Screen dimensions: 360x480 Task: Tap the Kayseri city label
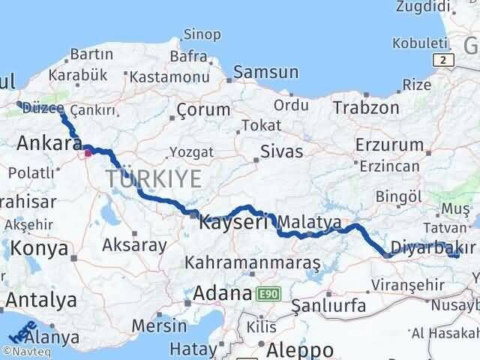(232, 222)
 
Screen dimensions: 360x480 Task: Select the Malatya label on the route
(310, 223)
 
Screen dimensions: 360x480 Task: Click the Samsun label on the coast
(265, 73)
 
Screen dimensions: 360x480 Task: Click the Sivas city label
(281, 151)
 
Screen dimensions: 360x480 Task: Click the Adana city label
(221, 293)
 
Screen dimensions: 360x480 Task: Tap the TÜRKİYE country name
(153, 179)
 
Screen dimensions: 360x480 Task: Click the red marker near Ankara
(88, 154)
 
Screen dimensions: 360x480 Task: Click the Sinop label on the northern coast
(202, 34)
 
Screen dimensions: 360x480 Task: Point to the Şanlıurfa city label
(328, 305)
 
